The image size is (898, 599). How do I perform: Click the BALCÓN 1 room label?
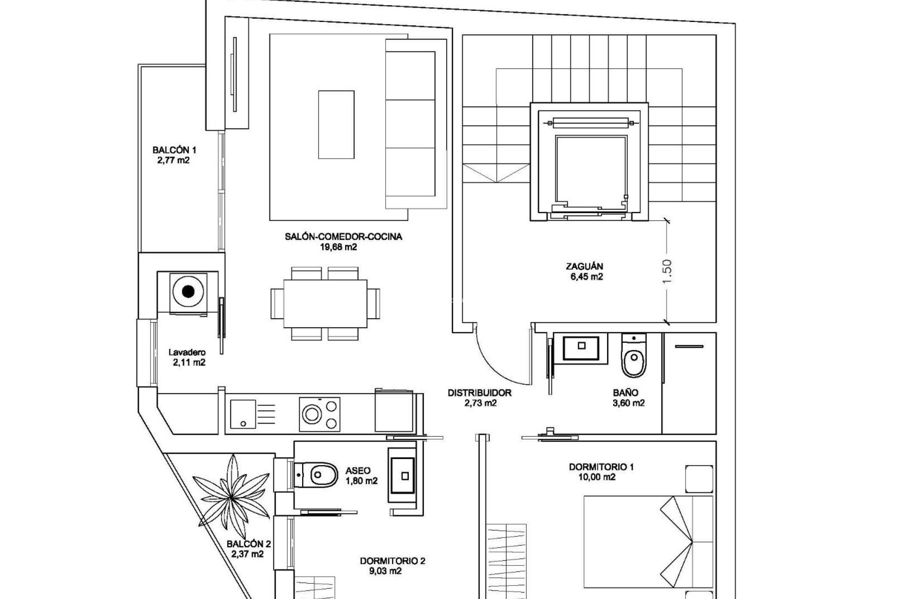click(x=174, y=155)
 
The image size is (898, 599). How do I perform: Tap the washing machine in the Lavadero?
click(x=188, y=292)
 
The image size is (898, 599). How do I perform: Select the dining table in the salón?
click(x=325, y=304)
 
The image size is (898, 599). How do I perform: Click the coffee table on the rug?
click(x=336, y=125)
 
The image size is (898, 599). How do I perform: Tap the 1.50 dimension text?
click(x=667, y=271)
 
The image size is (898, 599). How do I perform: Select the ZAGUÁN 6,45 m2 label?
click(x=584, y=271)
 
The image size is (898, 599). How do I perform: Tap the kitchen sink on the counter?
click(x=243, y=414)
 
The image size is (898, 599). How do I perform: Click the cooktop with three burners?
click(x=320, y=414)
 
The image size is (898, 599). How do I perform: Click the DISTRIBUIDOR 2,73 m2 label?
click(x=479, y=398)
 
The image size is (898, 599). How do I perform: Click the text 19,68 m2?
click(x=338, y=247)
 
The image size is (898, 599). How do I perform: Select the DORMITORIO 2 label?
click(x=392, y=561)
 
